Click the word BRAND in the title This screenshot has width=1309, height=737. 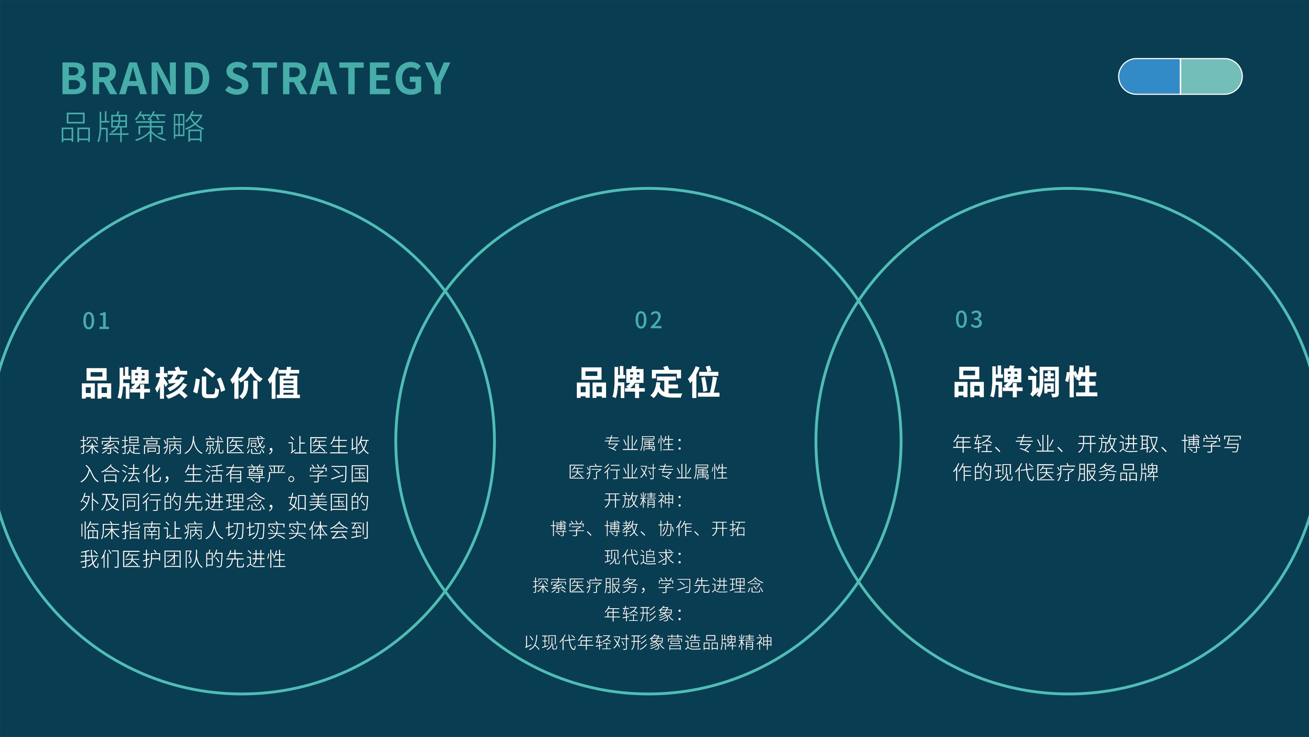coord(135,79)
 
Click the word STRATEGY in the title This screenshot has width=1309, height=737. coord(337,79)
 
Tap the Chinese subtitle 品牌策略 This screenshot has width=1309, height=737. coord(132,127)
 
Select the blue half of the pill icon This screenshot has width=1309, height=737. coord(1149,76)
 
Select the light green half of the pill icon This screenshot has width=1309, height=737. coord(1211,76)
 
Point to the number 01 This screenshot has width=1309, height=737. coord(96,321)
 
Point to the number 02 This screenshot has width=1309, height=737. coord(648,320)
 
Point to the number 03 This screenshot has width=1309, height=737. coord(969,320)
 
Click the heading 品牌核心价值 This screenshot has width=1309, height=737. coord(191,383)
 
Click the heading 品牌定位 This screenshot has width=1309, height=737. coord(648,382)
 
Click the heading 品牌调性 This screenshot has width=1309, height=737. coord(1025,382)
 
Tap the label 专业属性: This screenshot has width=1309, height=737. coord(643,444)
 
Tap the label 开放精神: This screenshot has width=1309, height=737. coord(643,500)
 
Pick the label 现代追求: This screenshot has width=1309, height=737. coord(643,558)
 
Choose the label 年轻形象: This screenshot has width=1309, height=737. coord(643,614)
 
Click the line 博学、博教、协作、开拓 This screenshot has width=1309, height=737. coord(648,529)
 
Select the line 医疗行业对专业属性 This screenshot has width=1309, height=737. coord(648,472)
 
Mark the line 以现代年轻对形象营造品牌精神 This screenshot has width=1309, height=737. coord(648,642)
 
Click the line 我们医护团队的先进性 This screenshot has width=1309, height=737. coord(183,559)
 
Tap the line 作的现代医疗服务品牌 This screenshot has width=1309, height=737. coord(1055,472)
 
